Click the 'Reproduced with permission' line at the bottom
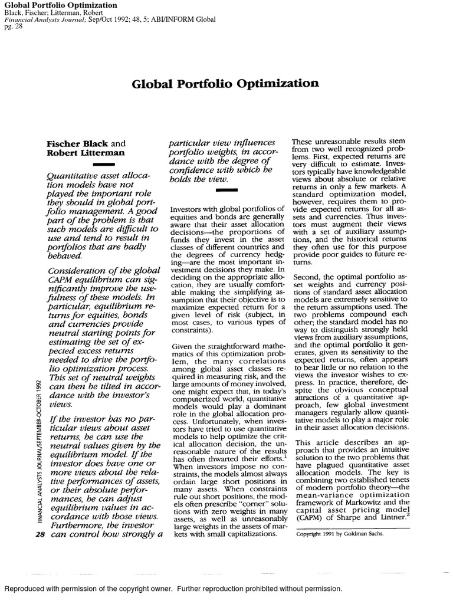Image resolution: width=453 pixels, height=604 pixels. coord(173,589)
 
